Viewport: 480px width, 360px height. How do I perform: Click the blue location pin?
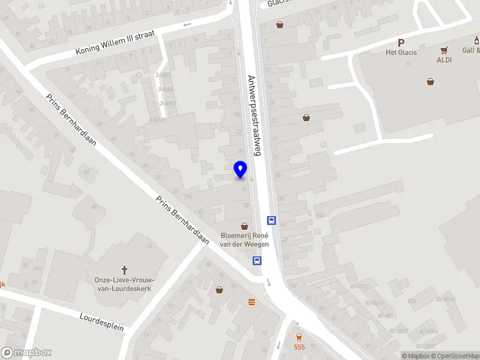pyautogui.click(x=241, y=170)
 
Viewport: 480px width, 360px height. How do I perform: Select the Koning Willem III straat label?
pyautogui.click(x=115, y=43)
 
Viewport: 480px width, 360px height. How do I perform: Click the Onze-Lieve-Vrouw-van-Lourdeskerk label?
pyautogui.click(x=125, y=284)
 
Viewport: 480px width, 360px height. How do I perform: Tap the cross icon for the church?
pyautogui.click(x=125, y=271)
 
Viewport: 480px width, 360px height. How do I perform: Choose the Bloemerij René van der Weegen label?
pyautogui.click(x=245, y=240)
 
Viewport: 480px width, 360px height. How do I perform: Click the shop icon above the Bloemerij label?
pyautogui.click(x=244, y=226)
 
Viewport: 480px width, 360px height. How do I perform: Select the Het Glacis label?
pyautogui.click(x=401, y=52)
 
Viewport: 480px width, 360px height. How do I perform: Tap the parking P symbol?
pyautogui.click(x=401, y=43)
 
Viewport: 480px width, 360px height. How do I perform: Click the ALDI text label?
pyautogui.click(x=444, y=60)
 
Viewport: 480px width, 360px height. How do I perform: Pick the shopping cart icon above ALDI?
pyautogui.click(x=444, y=50)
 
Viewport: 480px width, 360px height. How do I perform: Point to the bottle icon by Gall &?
pyautogui.click(x=476, y=41)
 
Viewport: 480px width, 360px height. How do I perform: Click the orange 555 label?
pyautogui.click(x=299, y=347)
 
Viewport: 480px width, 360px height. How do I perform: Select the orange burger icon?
pyautogui.click(x=252, y=301)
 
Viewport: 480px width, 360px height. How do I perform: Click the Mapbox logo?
pyautogui.click(x=26, y=353)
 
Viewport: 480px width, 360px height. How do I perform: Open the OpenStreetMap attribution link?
pyautogui.click(x=453, y=356)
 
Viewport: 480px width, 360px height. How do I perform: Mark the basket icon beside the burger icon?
pyautogui.click(x=220, y=290)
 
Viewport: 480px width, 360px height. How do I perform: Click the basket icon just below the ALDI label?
pyautogui.click(x=430, y=82)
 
